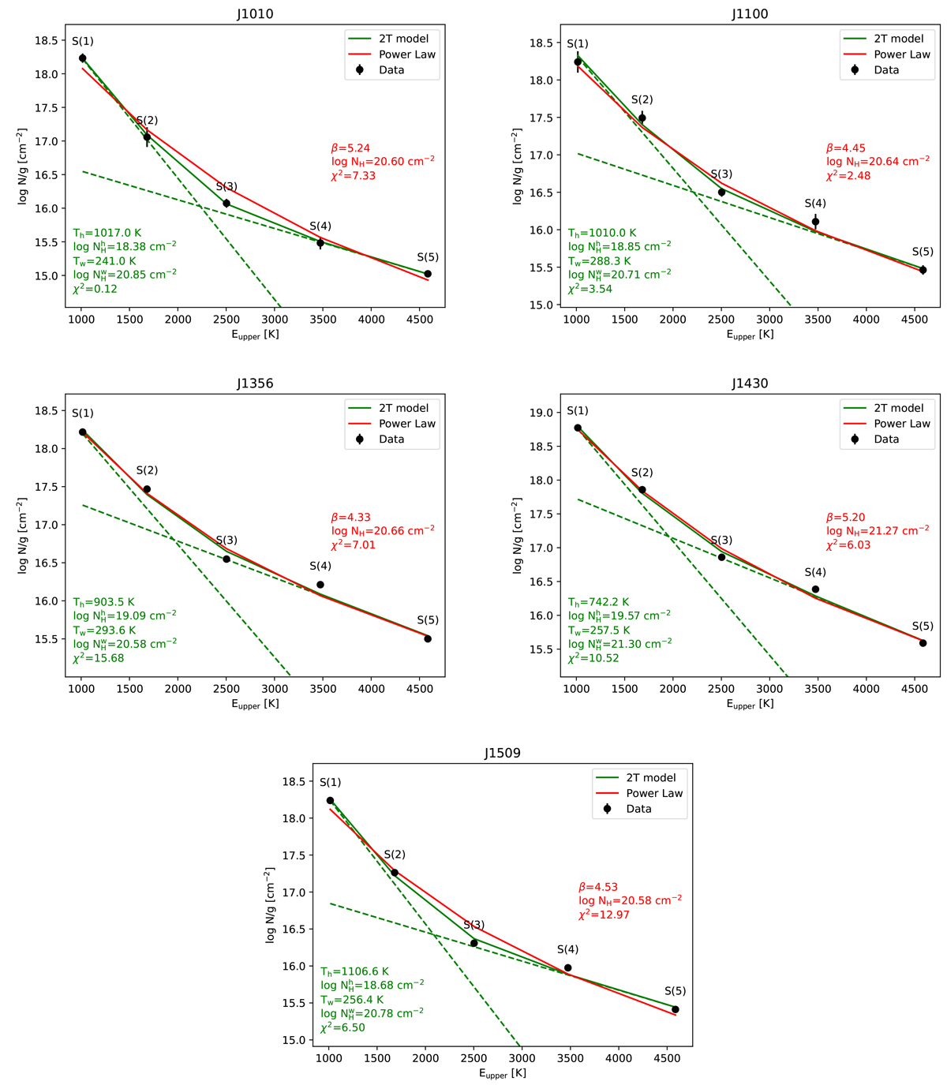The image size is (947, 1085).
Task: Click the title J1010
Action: [x=255, y=14]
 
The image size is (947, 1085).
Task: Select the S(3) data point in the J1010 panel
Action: [x=226, y=203]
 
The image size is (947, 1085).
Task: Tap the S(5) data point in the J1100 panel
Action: [x=923, y=270]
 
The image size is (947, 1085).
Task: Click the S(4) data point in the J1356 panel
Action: [x=320, y=585]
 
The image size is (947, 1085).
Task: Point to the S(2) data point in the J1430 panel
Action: [x=642, y=489]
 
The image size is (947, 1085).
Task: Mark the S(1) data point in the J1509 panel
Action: [x=330, y=800]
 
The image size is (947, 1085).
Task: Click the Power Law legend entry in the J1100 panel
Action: [x=902, y=54]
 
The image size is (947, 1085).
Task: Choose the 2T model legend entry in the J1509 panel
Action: [x=651, y=777]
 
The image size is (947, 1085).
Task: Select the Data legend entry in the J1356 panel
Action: [x=391, y=439]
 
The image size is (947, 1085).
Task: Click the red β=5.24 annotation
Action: [x=350, y=148]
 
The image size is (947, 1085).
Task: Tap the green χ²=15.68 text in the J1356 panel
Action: [x=99, y=658]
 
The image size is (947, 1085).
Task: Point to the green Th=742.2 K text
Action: [x=599, y=602]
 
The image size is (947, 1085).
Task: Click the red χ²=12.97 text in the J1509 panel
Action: [x=604, y=915]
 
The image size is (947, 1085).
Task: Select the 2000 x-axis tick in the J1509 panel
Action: [x=425, y=1058]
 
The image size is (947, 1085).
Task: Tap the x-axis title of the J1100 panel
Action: [x=750, y=335]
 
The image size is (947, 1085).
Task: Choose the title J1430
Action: [x=750, y=383]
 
